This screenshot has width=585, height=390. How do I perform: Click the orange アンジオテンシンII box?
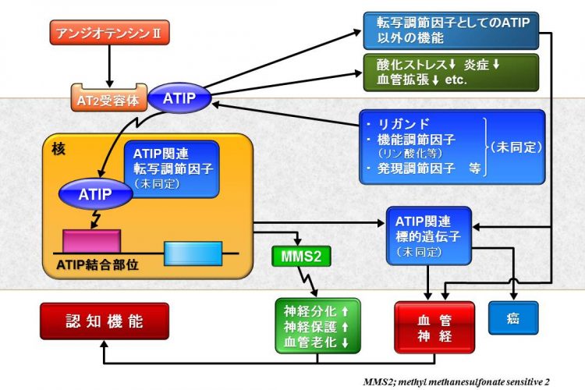click(x=110, y=34)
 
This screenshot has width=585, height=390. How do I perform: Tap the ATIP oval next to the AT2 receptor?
click(x=180, y=97)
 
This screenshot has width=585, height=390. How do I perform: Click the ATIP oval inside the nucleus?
click(x=95, y=193)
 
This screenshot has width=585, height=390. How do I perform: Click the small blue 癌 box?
click(x=513, y=319)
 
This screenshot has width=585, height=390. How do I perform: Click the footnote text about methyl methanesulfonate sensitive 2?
click(x=456, y=381)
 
